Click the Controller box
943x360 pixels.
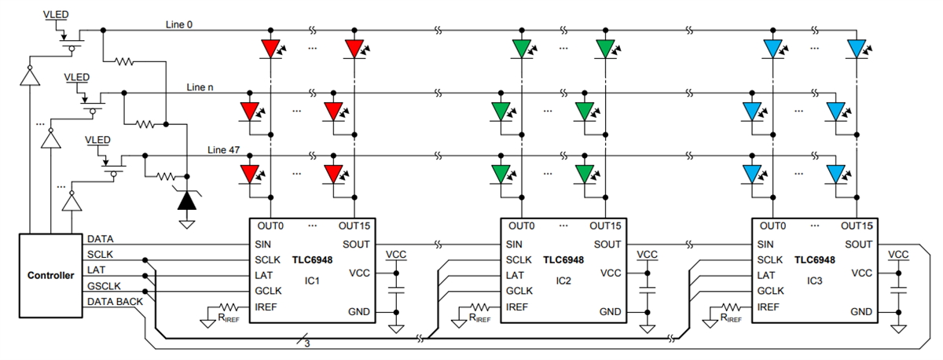click(50, 275)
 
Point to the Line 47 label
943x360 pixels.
click(224, 149)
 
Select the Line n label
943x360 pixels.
click(200, 86)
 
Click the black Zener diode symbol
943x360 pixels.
click(186, 200)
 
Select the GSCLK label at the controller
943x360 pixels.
click(105, 286)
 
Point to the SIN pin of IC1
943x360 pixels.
click(263, 244)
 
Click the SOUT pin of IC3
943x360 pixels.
click(858, 244)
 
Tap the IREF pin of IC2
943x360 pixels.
click(518, 307)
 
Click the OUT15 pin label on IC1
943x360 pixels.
click(354, 227)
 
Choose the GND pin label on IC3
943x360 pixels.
click(861, 312)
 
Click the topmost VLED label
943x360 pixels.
click(59, 14)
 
